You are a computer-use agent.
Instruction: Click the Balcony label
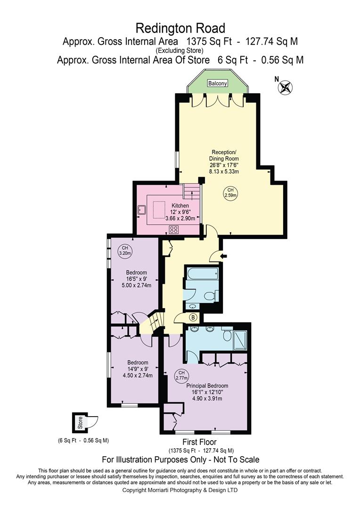click(218, 83)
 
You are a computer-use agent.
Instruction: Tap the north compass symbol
click(286, 87)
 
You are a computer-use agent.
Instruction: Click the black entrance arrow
click(223, 257)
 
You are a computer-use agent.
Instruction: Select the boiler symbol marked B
click(193, 317)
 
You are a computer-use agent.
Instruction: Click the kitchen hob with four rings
click(174, 230)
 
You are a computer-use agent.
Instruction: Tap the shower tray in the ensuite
click(240, 340)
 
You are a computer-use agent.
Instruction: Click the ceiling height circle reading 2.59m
click(230, 192)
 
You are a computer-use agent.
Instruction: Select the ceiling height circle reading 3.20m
click(125, 251)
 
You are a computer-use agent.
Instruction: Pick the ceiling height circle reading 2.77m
click(181, 375)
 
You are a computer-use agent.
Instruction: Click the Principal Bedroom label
click(207, 386)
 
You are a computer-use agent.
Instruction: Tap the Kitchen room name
click(180, 205)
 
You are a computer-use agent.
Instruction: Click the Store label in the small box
click(80, 423)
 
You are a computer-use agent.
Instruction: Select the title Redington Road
click(180, 28)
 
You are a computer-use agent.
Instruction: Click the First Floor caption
click(199, 442)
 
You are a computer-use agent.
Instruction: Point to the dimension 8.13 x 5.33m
click(224, 171)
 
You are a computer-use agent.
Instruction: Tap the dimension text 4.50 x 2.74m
click(138, 375)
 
